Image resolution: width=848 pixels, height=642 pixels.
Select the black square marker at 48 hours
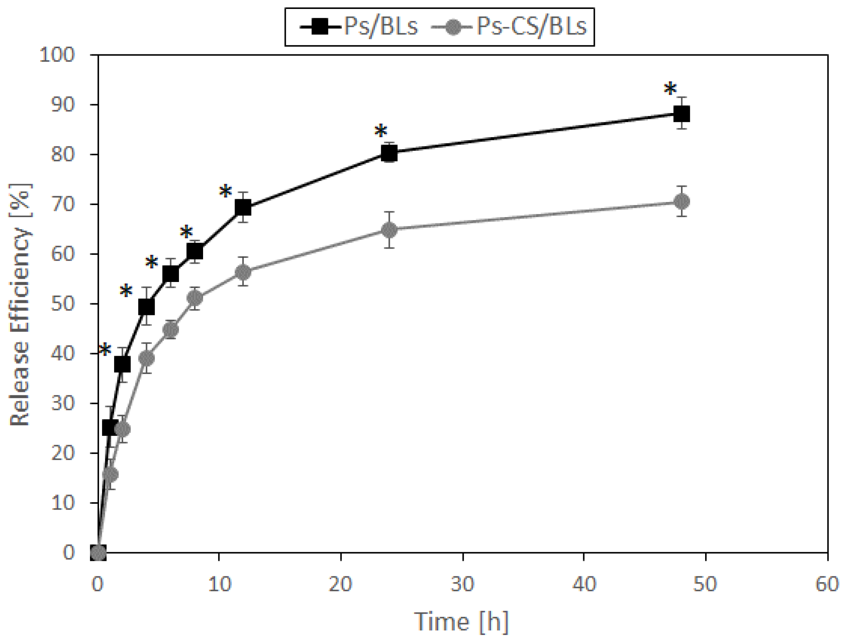point(682,114)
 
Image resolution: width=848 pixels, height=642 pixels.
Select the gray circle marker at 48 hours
point(682,201)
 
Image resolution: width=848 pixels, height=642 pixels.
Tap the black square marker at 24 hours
point(389,154)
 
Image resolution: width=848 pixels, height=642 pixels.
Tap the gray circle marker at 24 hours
point(389,230)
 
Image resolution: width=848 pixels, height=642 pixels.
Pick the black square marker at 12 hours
point(243,207)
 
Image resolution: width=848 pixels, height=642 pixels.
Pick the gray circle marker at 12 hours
point(243,272)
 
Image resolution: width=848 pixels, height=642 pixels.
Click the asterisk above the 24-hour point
point(381,132)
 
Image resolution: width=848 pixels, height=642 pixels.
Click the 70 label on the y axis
point(63,204)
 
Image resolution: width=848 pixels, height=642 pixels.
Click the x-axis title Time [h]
point(462,621)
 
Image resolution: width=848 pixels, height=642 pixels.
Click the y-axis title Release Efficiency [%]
point(20,305)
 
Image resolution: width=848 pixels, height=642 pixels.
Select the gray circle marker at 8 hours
point(195,298)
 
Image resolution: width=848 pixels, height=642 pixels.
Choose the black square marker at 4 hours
point(146,307)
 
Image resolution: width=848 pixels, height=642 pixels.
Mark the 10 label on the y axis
point(63,503)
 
